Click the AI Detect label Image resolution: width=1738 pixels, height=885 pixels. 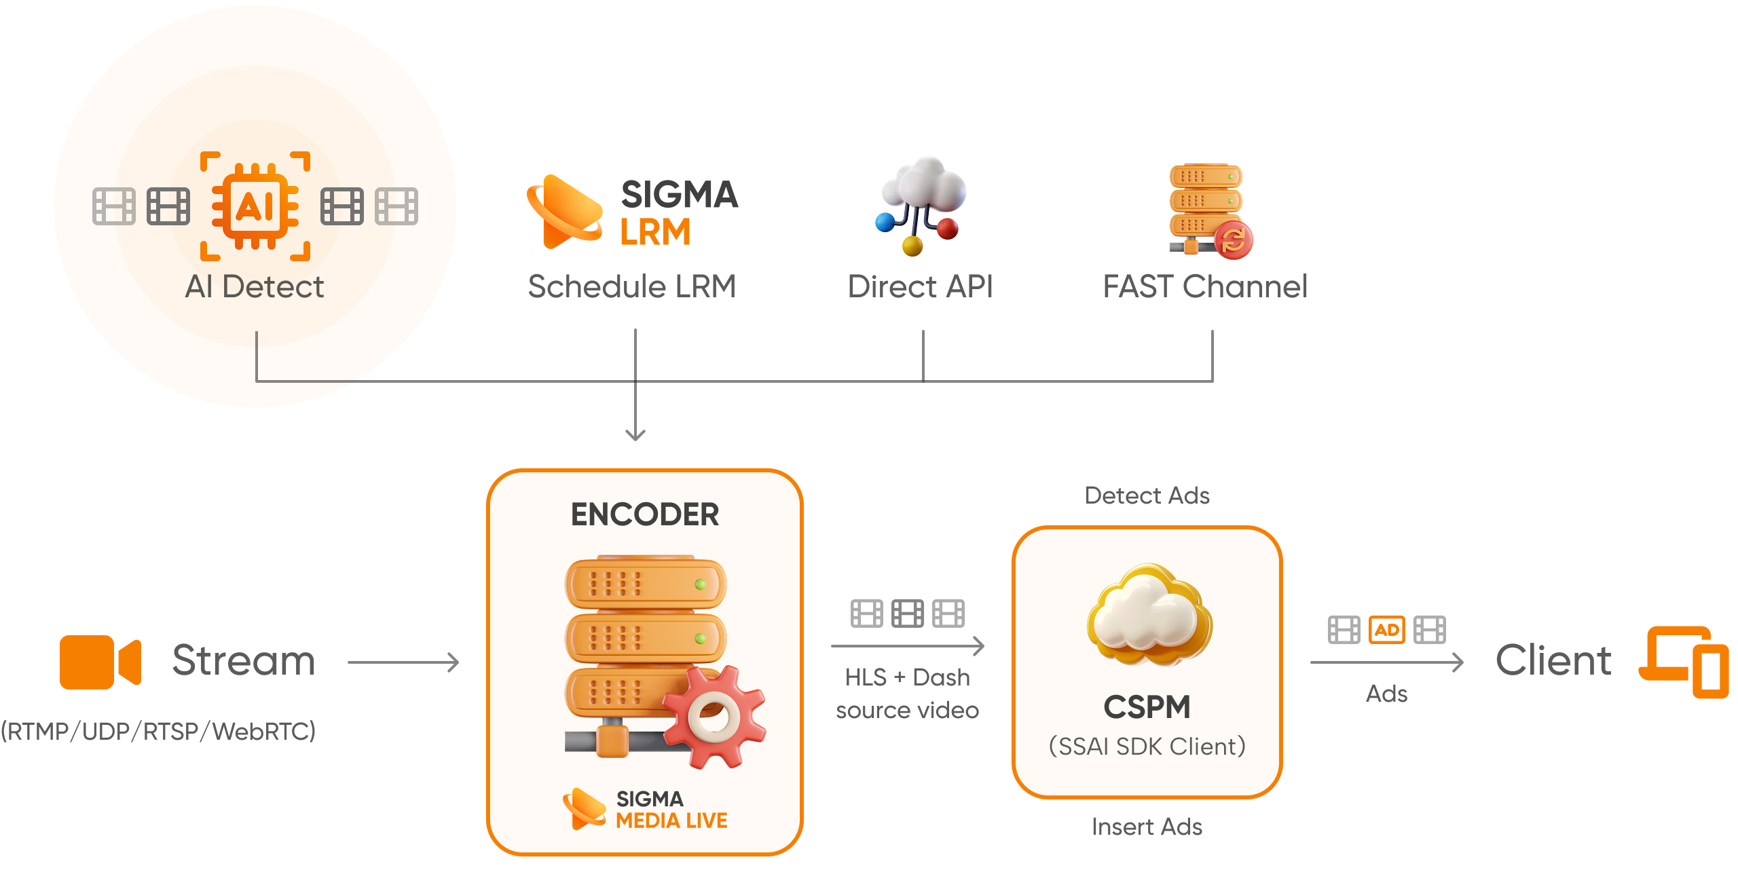pos(255,286)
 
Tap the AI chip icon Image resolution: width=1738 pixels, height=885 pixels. pos(255,206)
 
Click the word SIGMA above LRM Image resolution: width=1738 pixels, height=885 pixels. pos(679,195)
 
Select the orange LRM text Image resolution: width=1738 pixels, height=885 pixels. pos(655,232)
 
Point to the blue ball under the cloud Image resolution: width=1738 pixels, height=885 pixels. pos(885,222)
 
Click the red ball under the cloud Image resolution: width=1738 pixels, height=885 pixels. pos(948,229)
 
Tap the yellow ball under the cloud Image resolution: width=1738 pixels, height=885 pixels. pos(912,245)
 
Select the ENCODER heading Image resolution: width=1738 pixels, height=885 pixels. pos(645,514)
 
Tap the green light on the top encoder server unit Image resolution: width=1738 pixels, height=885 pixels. pos(700,584)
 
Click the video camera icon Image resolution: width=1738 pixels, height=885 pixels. pos(100,662)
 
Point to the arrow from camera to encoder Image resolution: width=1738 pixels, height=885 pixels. pos(403,662)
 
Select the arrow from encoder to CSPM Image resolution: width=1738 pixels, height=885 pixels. pos(908,646)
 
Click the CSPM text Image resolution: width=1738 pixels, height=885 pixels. pos(1147,707)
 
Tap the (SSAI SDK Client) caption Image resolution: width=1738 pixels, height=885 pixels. pos(1147,747)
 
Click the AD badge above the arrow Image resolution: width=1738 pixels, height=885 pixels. pos(1386,630)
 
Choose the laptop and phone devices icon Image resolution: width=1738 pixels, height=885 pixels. pos(1684,662)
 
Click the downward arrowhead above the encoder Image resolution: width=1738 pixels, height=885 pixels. pos(635,434)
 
